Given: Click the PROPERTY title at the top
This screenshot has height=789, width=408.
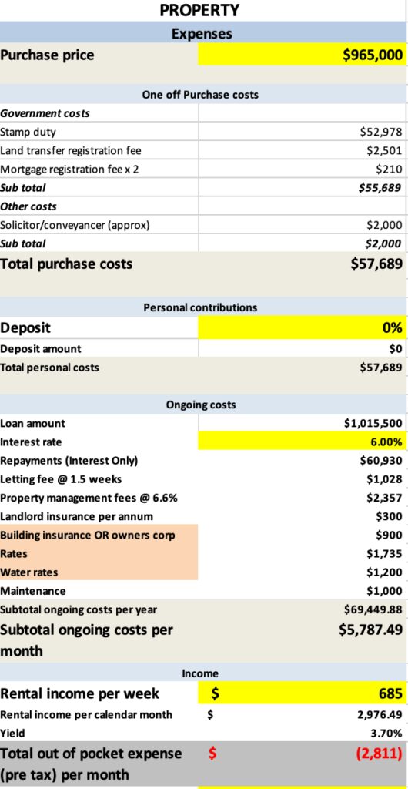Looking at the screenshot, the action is pos(199,10).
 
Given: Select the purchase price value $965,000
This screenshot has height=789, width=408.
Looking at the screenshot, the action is pos(373,55).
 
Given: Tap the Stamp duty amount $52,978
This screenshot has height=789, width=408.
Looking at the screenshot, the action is pos(381,132).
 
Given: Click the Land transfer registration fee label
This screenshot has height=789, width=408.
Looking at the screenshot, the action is pos(71,150).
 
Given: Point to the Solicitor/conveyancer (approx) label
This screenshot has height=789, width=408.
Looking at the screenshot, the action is pos(75,225).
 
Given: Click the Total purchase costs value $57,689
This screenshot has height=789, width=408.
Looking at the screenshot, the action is pos(377,264).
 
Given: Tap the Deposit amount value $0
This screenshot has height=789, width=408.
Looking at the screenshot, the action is pos(396,348).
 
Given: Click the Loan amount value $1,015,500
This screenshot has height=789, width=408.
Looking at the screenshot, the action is pos(373,424).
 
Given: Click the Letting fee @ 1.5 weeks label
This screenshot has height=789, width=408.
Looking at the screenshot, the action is pos(61,479).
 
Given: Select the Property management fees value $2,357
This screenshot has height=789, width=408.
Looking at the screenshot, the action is pos(384,498).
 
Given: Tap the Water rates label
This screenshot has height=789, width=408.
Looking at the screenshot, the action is pos(28,572).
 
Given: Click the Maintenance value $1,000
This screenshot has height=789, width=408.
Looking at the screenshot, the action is pos(384,591).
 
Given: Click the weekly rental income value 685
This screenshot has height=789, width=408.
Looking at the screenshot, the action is pos(390,693).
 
